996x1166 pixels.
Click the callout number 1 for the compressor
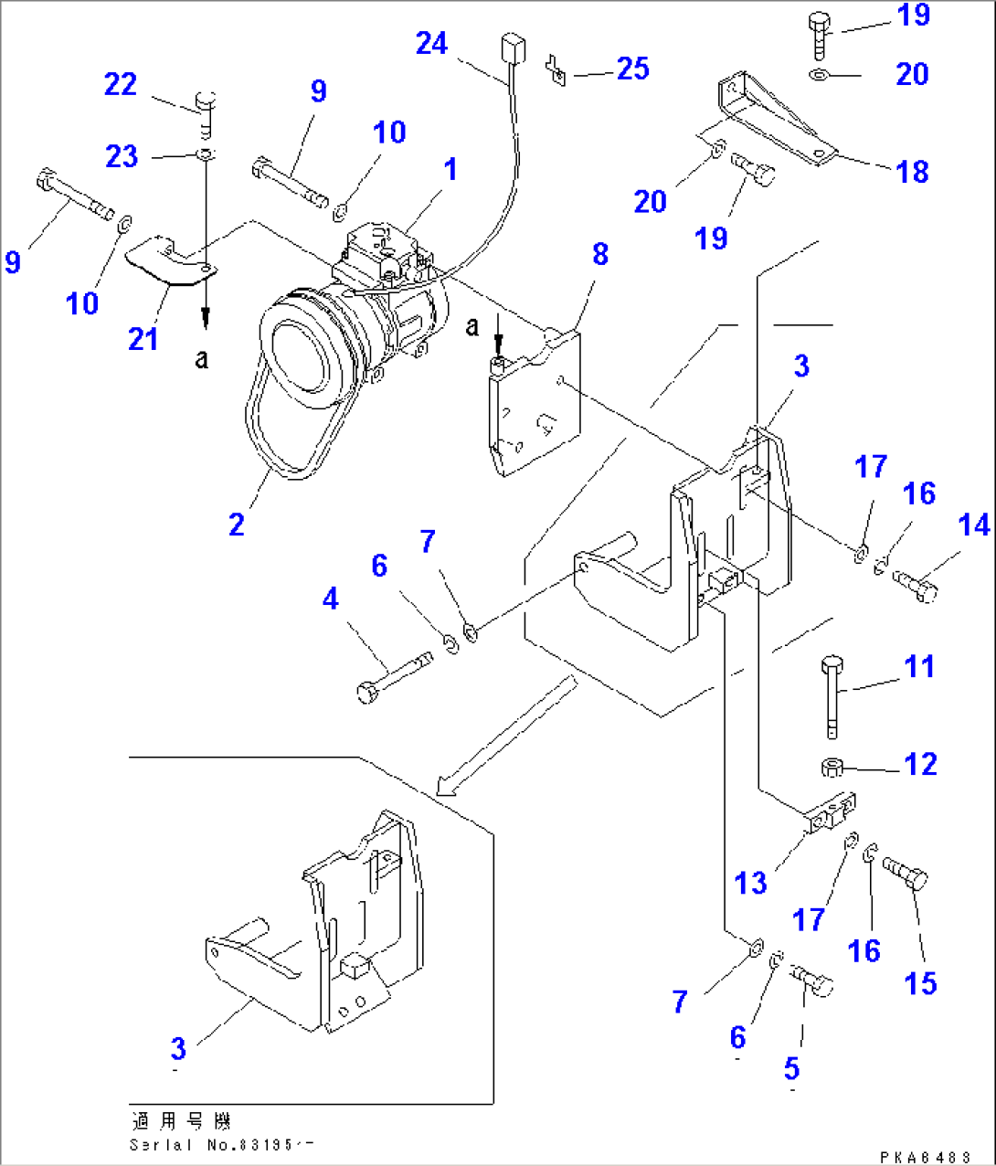pyautogui.click(x=450, y=169)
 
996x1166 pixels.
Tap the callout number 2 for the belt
pyautogui.click(x=237, y=524)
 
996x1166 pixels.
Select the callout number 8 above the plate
pyautogui.click(x=600, y=254)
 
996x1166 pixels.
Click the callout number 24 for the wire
pyautogui.click(x=431, y=43)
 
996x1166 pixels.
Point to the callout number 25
pyautogui.click(x=632, y=69)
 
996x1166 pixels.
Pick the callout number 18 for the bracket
pyautogui.click(x=912, y=171)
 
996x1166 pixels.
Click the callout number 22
pyautogui.click(x=121, y=84)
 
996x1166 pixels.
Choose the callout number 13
pyautogui.click(x=750, y=883)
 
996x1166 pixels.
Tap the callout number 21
pyautogui.click(x=143, y=339)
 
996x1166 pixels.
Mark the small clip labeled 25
pyautogui.click(x=556, y=70)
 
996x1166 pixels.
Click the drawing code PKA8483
pyautogui.click(x=925, y=1157)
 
